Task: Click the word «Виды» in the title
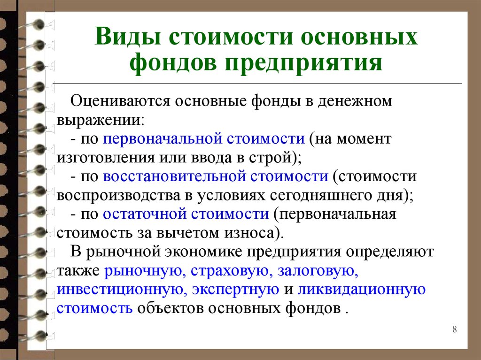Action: click(128, 37)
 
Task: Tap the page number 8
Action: click(454, 329)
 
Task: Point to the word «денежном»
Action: click(355, 101)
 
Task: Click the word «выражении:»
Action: click(101, 120)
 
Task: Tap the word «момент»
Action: click(364, 139)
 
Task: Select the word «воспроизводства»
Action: click(118, 196)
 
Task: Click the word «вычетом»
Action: click(188, 233)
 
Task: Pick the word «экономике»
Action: click(204, 252)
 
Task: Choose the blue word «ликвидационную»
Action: click(361, 290)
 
